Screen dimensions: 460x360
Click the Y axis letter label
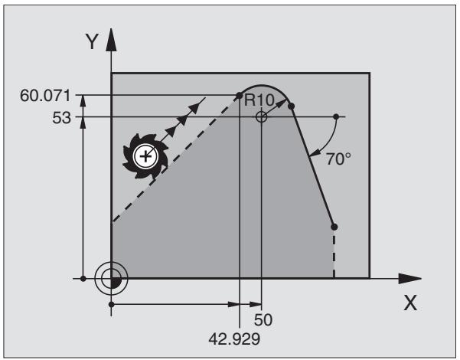click(92, 41)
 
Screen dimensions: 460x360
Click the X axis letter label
click(410, 303)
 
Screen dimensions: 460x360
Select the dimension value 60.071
click(45, 96)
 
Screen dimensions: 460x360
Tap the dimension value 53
click(61, 118)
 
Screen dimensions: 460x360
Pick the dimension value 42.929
click(234, 339)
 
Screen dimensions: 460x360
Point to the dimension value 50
click(263, 319)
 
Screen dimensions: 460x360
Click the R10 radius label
click(259, 100)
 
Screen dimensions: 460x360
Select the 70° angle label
click(338, 159)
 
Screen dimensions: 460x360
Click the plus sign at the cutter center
click(145, 156)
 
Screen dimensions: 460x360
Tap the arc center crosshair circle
click(261, 117)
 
